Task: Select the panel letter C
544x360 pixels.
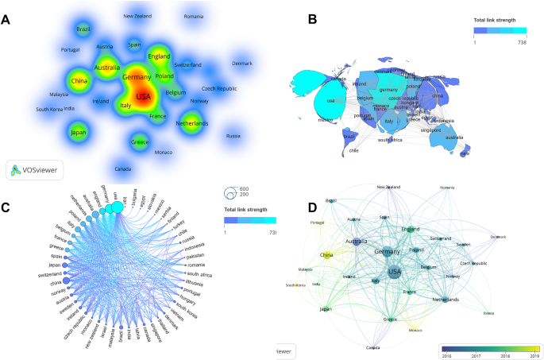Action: pos(7,209)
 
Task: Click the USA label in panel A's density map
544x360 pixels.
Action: pos(143,98)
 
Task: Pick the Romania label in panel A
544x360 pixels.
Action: pos(193,17)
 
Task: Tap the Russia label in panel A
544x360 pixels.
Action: pos(233,136)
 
